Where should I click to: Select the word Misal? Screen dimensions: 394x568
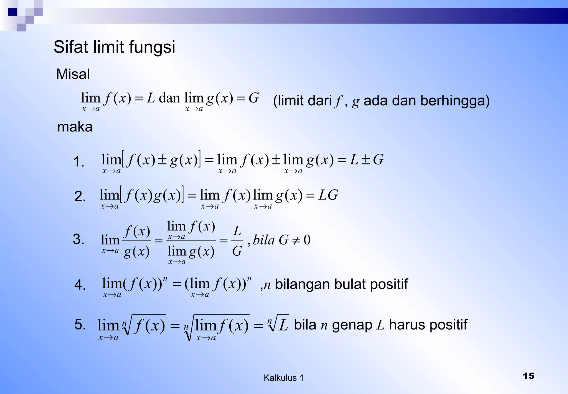click(73, 74)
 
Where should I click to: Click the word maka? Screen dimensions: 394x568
click(75, 127)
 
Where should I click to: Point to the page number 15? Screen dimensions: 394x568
click(528, 376)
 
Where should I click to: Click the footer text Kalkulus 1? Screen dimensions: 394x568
click(283, 378)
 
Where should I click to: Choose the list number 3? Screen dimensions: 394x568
click(78, 239)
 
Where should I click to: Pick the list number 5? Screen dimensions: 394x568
click(80, 324)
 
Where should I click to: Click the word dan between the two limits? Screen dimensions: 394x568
click(169, 98)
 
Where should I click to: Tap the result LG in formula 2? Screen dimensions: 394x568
click(328, 195)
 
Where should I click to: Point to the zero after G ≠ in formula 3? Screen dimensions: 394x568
click(307, 240)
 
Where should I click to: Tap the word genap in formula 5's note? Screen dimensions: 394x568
click(352, 325)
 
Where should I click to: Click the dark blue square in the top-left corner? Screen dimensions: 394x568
click(12, 12)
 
